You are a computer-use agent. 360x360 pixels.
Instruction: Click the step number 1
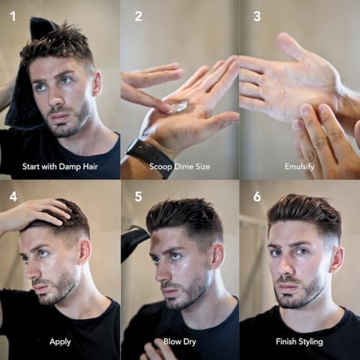pyautogui.click(x=13, y=15)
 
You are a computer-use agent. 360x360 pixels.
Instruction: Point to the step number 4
pyautogui.click(x=13, y=196)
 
